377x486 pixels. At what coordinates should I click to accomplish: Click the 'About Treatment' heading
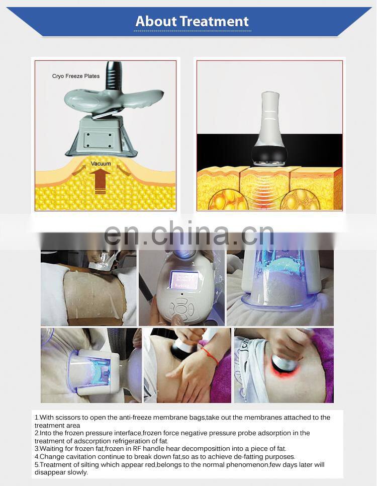click(x=192, y=22)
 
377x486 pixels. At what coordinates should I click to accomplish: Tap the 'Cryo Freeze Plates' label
click(x=76, y=76)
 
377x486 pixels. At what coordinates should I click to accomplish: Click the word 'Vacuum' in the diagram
click(x=101, y=164)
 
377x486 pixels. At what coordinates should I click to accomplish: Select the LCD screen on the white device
click(x=184, y=280)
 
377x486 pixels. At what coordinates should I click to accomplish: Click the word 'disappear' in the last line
click(x=51, y=472)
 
